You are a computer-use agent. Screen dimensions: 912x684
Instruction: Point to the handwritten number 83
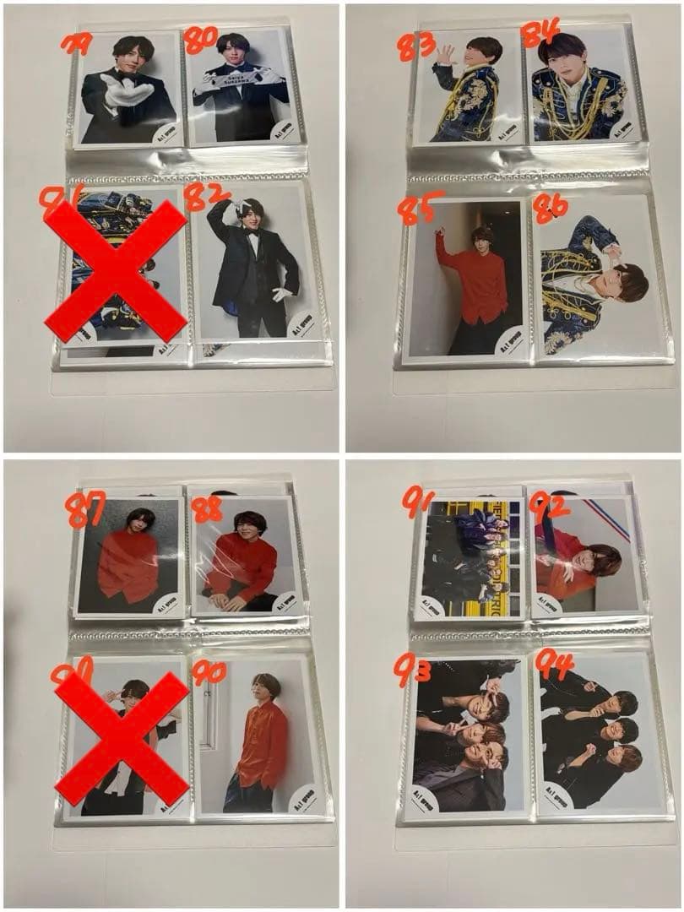tap(416, 45)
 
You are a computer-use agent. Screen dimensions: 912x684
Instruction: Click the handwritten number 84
tap(540, 34)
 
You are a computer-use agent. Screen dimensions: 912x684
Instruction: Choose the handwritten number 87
tap(85, 512)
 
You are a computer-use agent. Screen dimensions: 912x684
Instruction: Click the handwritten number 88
tap(208, 509)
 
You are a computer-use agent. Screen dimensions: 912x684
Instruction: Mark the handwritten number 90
tap(209, 672)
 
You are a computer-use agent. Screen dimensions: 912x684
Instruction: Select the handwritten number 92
tap(549, 508)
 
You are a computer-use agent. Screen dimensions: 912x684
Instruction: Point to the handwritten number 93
tap(412, 670)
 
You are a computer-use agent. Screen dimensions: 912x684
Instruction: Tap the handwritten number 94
tap(553, 665)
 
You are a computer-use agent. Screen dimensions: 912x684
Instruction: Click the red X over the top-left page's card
tap(116, 271)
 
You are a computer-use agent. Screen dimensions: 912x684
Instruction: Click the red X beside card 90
tap(122, 738)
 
